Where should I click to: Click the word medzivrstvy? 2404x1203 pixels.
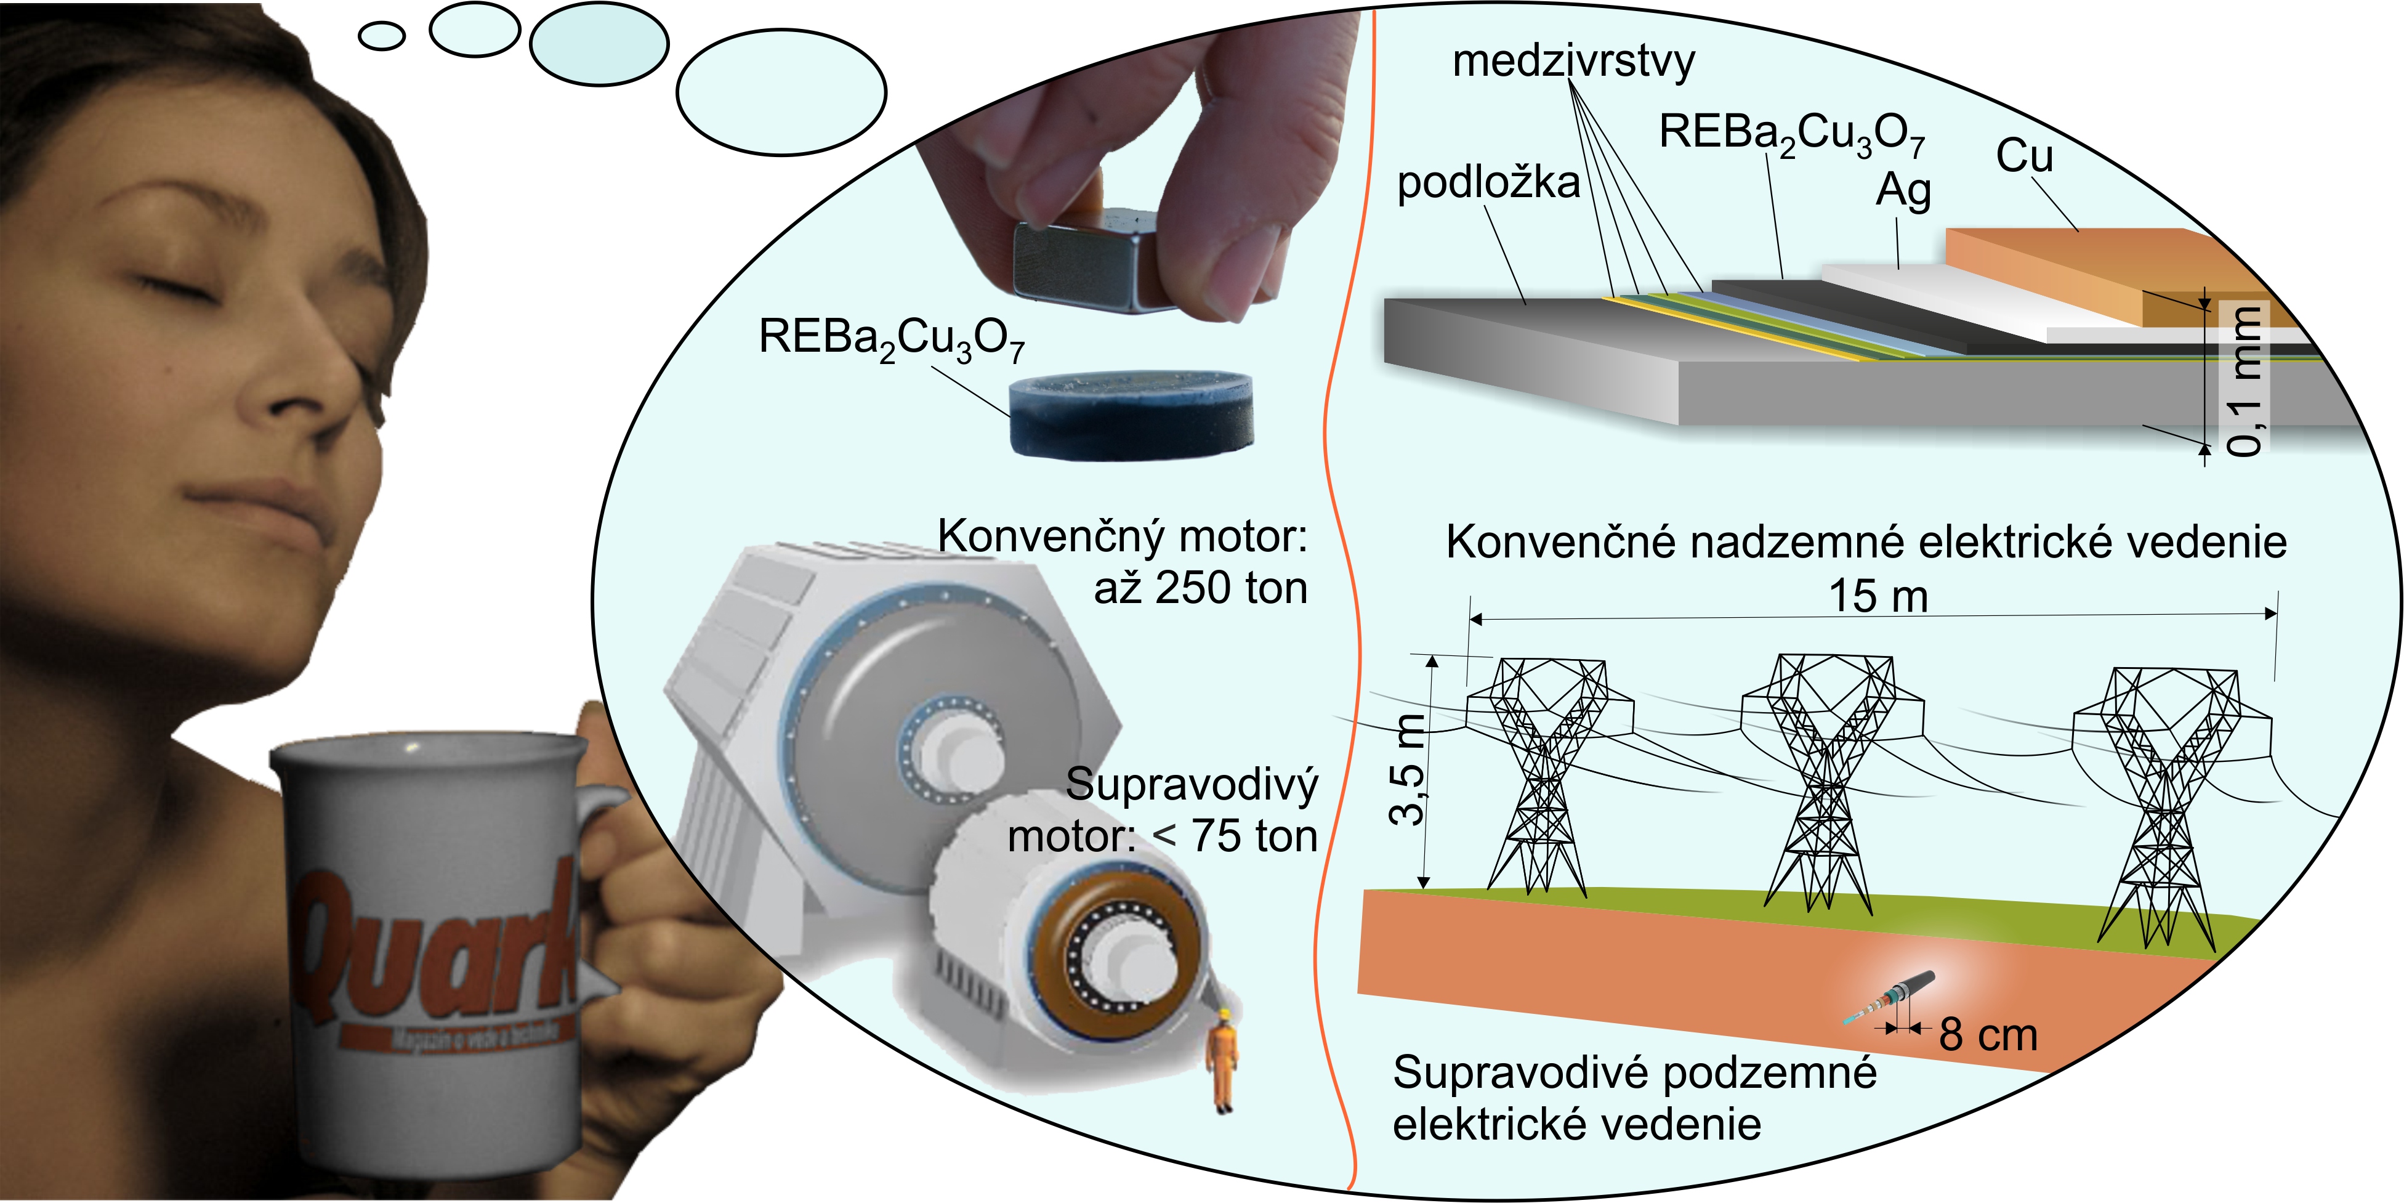(1573, 62)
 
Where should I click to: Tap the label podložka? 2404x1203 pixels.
(1488, 183)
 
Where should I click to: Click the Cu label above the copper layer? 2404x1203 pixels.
(2024, 155)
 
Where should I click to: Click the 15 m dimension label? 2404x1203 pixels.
(1878, 596)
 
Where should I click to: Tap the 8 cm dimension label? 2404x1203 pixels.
(1988, 1035)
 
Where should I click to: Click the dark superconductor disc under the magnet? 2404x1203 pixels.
(1131, 415)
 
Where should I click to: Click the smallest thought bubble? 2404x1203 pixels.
(382, 36)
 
